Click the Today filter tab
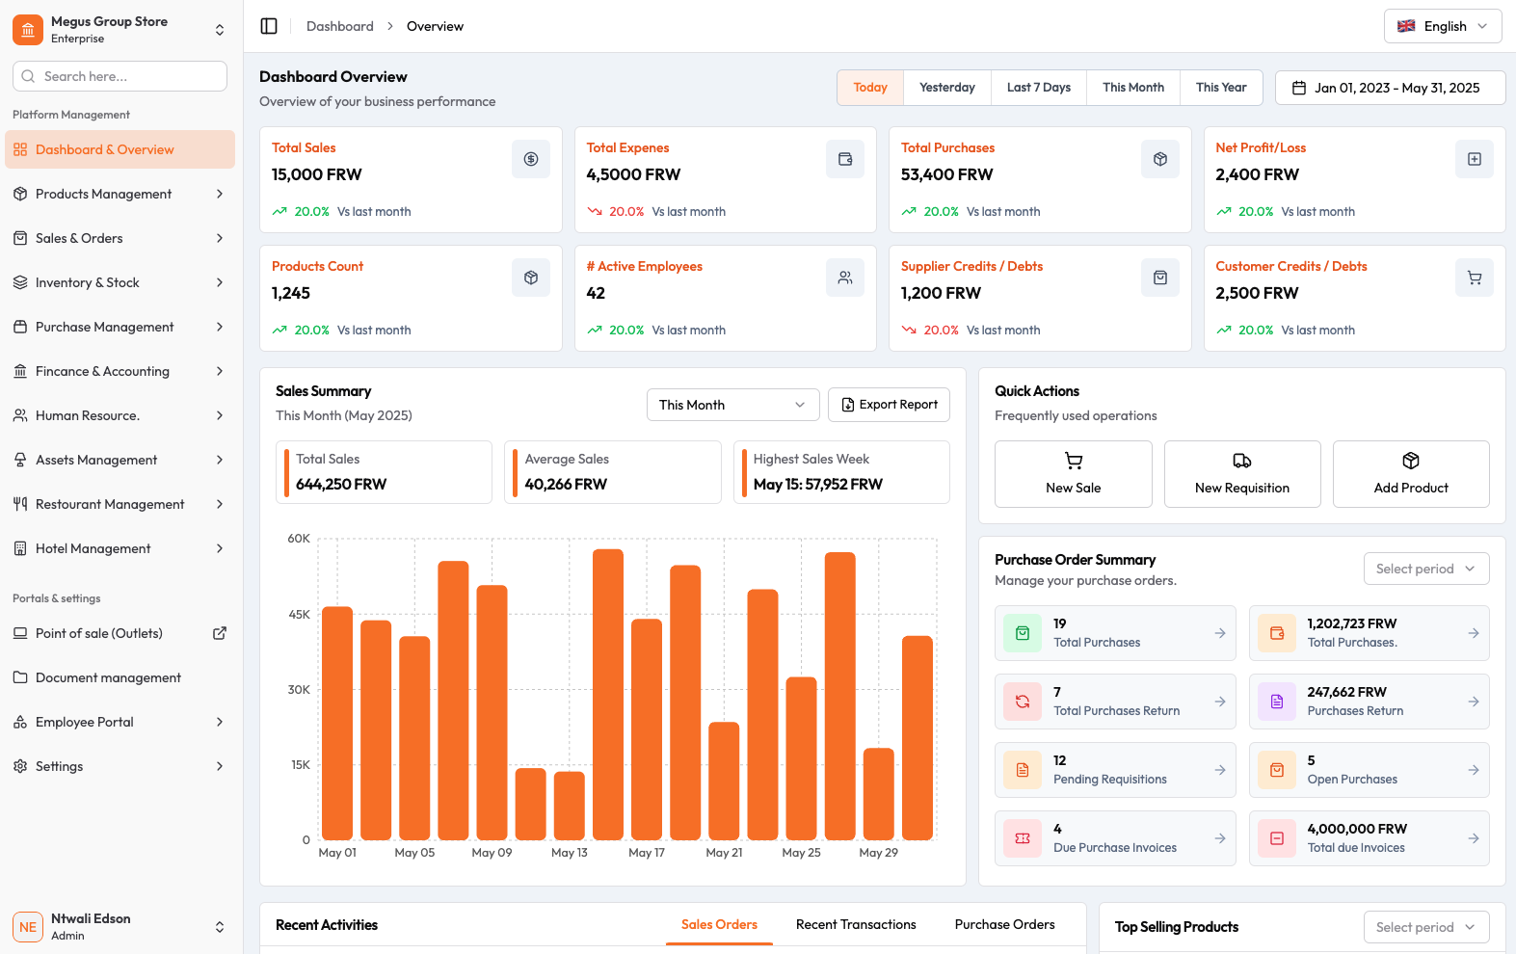click(x=869, y=88)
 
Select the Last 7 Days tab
click(x=1038, y=88)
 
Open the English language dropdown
click(x=1443, y=26)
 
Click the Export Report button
click(x=889, y=405)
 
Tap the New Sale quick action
click(x=1073, y=474)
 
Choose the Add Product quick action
click(x=1410, y=474)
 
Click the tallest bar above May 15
click(x=608, y=694)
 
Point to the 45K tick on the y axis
click(x=299, y=615)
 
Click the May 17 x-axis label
click(x=647, y=853)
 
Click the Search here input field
click(x=120, y=76)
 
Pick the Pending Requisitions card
click(x=1114, y=770)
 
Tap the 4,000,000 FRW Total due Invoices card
click(x=1369, y=838)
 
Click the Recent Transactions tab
click(x=856, y=924)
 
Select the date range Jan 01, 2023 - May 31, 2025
click(x=1390, y=88)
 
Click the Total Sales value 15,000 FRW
click(x=317, y=174)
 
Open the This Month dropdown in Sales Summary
click(x=732, y=405)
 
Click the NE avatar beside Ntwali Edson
click(x=28, y=927)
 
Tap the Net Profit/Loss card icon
click(x=1474, y=159)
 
